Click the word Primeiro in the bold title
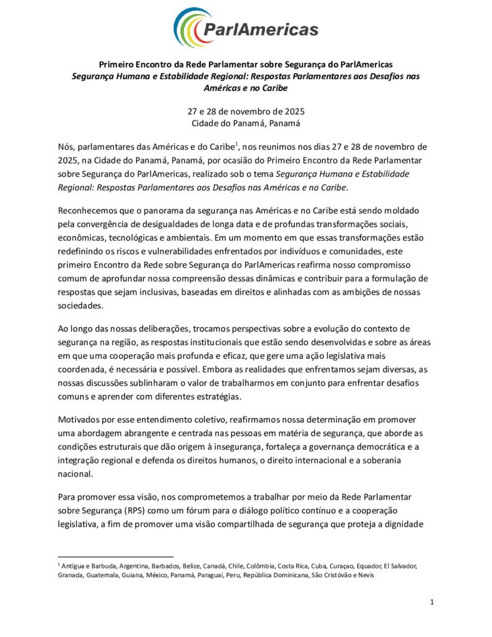pyautogui.click(x=118, y=64)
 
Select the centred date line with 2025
pyautogui.click(x=246, y=112)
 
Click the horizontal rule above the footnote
pyautogui.click(x=115, y=557)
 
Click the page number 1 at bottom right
pyautogui.click(x=432, y=602)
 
